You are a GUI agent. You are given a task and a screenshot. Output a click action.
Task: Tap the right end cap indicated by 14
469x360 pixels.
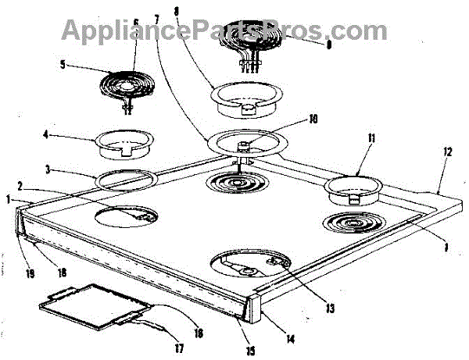[256, 310]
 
